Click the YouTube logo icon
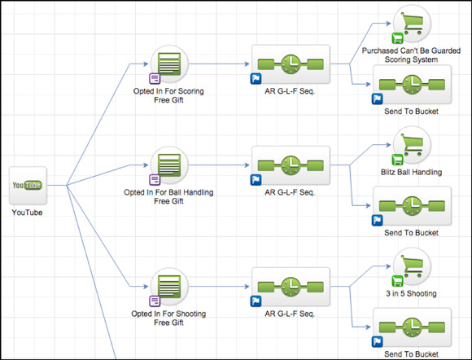(x=28, y=185)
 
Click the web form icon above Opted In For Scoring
(x=169, y=64)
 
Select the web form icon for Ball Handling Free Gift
(x=169, y=165)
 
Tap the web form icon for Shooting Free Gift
(x=169, y=287)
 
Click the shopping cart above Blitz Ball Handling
(x=412, y=145)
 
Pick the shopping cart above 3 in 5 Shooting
(x=412, y=266)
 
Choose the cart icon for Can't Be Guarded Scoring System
(x=412, y=24)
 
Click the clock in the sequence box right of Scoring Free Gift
(x=291, y=64)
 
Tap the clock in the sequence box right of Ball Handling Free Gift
(x=291, y=165)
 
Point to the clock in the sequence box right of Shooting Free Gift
(x=291, y=287)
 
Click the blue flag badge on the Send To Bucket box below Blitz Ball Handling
(x=377, y=221)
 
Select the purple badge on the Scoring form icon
(x=155, y=79)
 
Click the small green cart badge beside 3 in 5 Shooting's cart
(x=397, y=281)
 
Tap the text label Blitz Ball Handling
(x=412, y=173)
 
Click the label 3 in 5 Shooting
(x=412, y=294)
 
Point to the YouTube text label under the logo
(x=27, y=213)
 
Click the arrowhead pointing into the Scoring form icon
(x=146, y=64)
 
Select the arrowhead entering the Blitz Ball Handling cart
(x=388, y=145)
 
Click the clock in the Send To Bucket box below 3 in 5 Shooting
(x=412, y=327)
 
